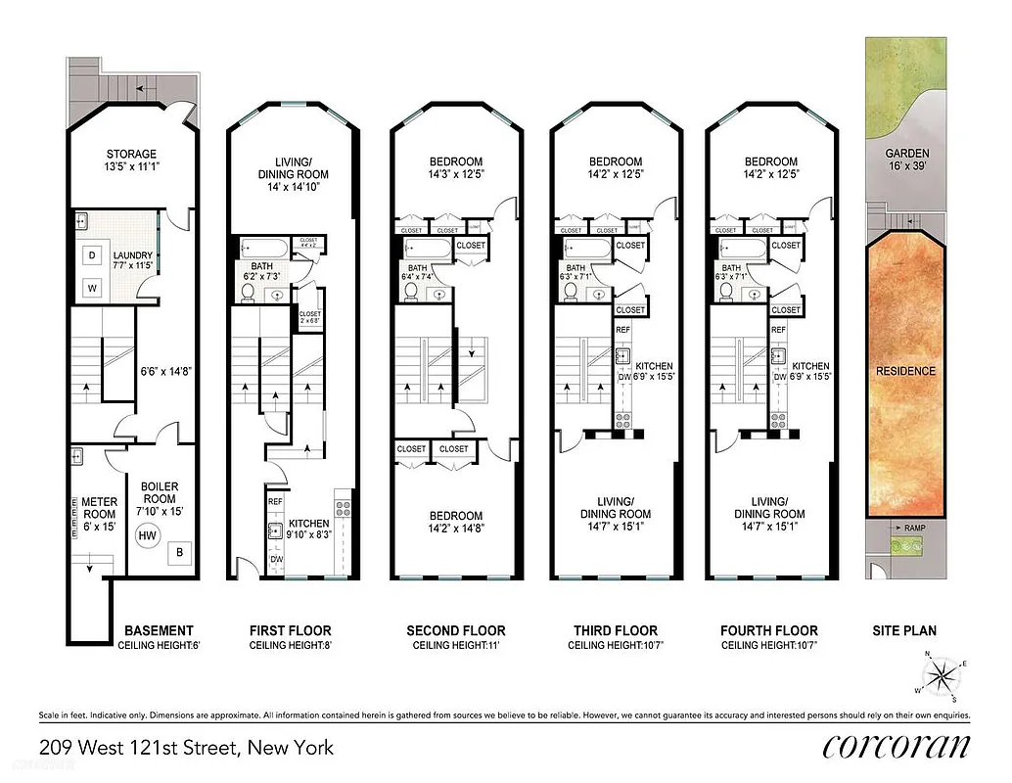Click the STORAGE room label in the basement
(x=131, y=154)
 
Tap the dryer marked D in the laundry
(x=92, y=254)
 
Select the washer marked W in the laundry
(x=92, y=288)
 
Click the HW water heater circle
(x=149, y=535)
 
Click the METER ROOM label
(x=99, y=507)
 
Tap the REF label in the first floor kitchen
(x=275, y=501)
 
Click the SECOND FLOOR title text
(x=456, y=630)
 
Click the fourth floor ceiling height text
(x=768, y=646)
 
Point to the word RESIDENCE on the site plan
(x=905, y=371)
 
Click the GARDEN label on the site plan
(x=906, y=154)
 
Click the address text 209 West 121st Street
(x=186, y=748)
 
